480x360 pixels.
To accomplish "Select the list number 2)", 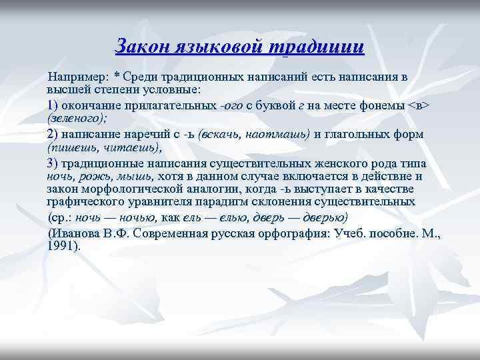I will [x=53, y=134].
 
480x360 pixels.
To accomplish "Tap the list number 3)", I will [x=53, y=164].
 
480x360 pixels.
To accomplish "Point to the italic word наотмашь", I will [x=276, y=134].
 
